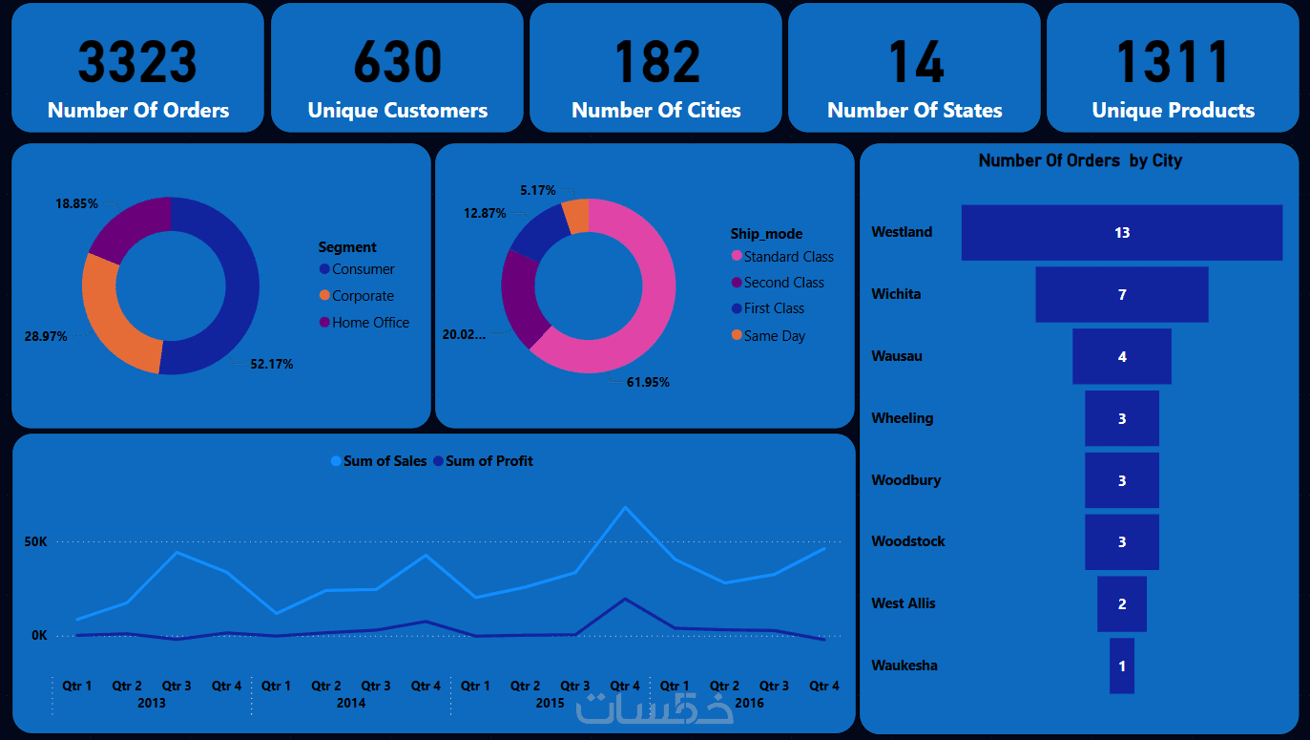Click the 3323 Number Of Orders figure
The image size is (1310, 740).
click(x=137, y=62)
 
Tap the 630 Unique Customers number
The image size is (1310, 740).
click(x=397, y=62)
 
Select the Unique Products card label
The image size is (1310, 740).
click(x=1173, y=111)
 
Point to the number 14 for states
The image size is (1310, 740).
click(x=915, y=62)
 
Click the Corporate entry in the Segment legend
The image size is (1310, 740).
click(x=362, y=296)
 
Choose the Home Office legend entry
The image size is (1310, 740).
click(x=369, y=323)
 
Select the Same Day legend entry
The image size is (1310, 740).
click(x=774, y=336)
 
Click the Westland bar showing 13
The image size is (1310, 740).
click(x=1121, y=232)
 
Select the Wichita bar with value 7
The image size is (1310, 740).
click(x=1121, y=294)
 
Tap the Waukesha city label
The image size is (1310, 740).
click(x=904, y=666)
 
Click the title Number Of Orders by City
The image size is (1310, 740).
click(x=1079, y=160)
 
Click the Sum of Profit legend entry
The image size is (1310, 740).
click(x=488, y=461)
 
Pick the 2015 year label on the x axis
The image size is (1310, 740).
click(x=550, y=704)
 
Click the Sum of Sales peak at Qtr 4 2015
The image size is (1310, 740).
click(x=625, y=507)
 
